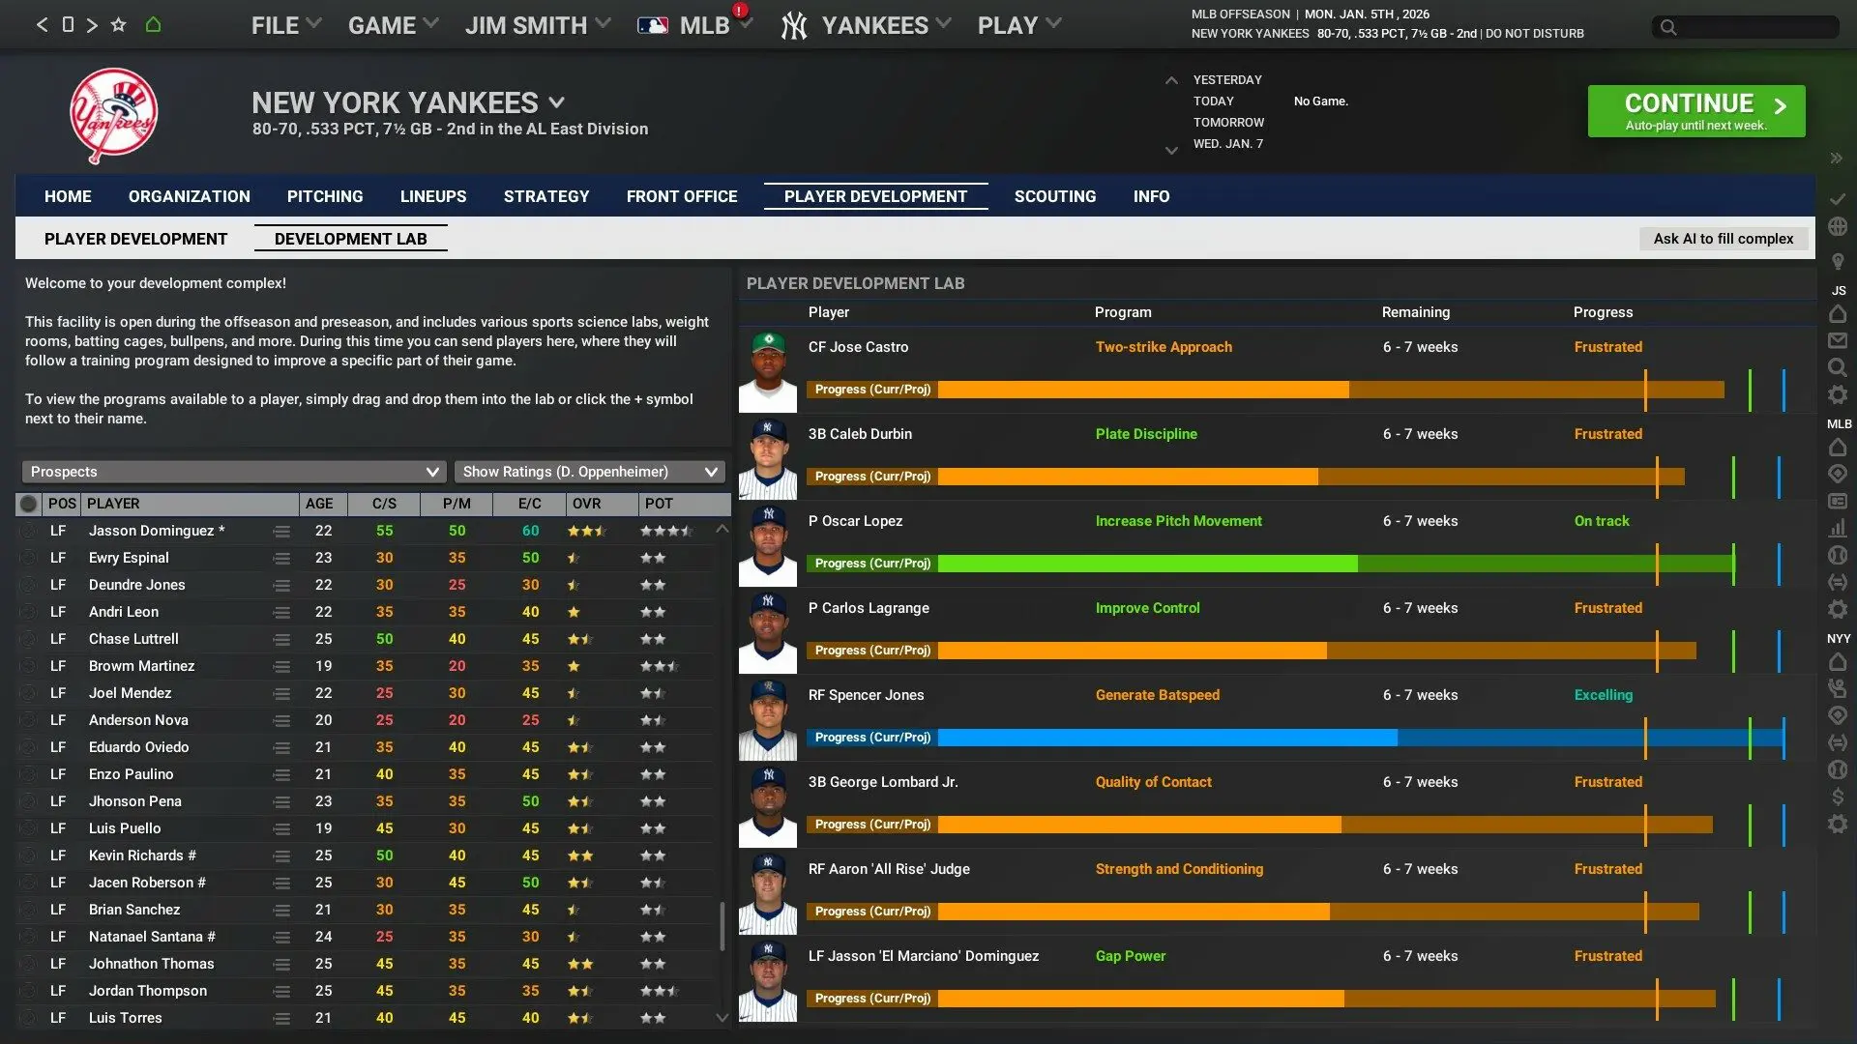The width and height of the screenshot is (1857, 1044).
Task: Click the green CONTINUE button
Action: tap(1695, 111)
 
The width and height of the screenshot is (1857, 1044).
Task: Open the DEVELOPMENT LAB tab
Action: tap(350, 239)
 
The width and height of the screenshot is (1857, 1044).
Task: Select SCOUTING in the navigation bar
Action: tap(1054, 196)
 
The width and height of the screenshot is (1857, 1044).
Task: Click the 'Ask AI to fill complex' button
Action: tap(1723, 239)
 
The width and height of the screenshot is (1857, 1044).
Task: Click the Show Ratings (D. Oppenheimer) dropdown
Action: tap(589, 472)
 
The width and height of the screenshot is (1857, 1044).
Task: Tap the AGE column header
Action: tap(319, 504)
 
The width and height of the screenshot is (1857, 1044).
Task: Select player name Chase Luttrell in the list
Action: tap(133, 639)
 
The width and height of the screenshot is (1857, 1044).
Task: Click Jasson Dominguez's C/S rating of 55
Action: tap(384, 531)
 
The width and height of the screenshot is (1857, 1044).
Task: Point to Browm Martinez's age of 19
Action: tap(323, 666)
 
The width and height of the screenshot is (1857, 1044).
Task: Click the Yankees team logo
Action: tap(113, 115)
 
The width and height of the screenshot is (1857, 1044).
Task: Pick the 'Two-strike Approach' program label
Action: tap(1164, 347)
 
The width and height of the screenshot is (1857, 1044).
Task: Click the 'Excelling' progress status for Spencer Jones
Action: tap(1603, 695)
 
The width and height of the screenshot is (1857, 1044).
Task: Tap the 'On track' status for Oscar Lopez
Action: tap(1601, 521)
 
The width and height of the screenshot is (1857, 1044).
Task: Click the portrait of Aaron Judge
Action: tap(768, 893)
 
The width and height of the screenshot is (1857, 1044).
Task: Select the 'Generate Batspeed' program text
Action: tap(1157, 695)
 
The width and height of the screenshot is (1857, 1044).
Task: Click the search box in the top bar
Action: tap(1746, 27)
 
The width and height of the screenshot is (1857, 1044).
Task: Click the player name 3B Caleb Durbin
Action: tap(860, 434)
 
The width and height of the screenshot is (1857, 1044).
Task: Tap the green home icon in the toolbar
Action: tap(153, 25)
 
